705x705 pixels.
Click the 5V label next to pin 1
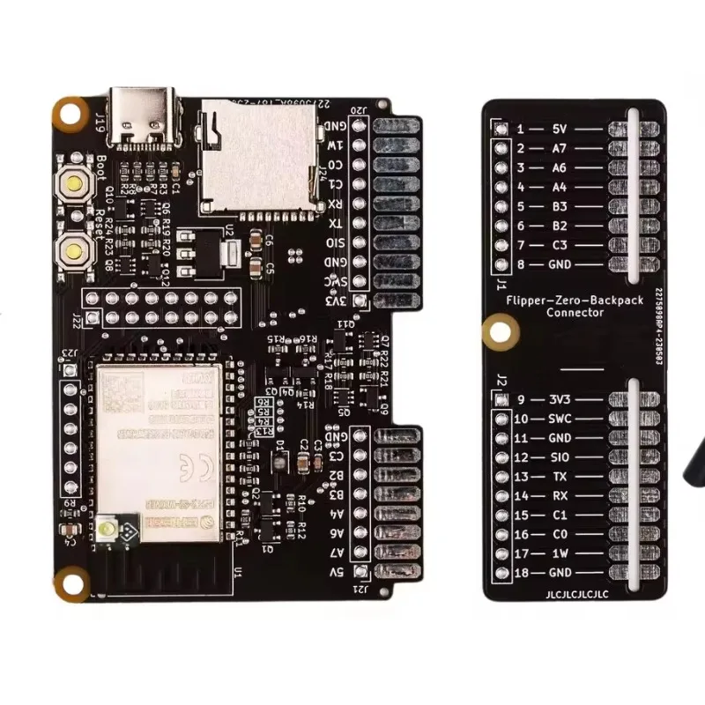(x=559, y=129)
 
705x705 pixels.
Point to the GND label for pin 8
(x=559, y=264)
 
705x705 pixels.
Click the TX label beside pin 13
(x=559, y=477)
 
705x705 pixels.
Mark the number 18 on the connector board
(x=522, y=573)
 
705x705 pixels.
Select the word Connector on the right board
(x=575, y=312)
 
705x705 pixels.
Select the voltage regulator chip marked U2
(x=204, y=249)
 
